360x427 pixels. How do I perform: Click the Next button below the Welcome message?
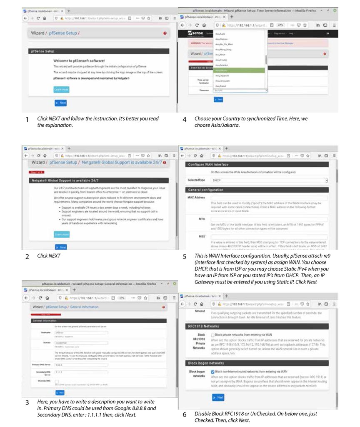coord(60,103)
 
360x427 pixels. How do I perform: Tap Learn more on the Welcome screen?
coord(61,89)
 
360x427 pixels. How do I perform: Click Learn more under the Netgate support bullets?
coord(61,234)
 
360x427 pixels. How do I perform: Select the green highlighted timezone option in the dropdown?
coord(240,70)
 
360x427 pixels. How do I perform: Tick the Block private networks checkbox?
coord(212,335)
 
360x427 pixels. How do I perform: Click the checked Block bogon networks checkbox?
coord(212,371)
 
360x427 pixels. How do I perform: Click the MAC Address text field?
coord(269,197)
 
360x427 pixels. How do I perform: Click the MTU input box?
coord(269,219)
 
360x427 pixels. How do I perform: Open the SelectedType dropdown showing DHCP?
coord(269,180)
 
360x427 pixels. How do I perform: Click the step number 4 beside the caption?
coord(184,119)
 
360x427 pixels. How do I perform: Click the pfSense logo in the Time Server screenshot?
coord(196,33)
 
